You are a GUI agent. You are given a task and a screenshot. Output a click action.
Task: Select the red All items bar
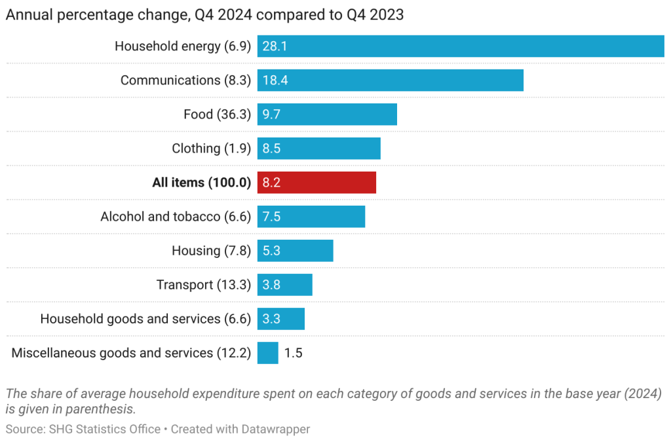tap(316, 183)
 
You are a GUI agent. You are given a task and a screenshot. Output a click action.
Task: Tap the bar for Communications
tap(391, 81)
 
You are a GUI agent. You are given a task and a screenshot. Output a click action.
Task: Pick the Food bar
tap(327, 115)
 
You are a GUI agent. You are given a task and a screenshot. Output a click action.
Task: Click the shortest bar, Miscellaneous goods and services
tap(268, 353)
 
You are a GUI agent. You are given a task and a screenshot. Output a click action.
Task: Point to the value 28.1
tap(275, 46)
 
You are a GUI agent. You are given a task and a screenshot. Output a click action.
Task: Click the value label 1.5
tap(293, 353)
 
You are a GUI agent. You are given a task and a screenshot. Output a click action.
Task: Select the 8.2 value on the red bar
tap(271, 183)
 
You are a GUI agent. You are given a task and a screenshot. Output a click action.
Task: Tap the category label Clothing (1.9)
tap(211, 149)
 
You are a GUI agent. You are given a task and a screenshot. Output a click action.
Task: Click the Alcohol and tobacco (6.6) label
tap(176, 217)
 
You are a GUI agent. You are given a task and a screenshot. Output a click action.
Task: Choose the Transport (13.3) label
tap(203, 285)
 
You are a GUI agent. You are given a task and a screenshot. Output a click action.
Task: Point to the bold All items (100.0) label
tap(201, 183)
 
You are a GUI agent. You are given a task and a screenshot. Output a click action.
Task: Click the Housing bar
tap(296, 251)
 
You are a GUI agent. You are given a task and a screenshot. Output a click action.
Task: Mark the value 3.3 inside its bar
tap(271, 319)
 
